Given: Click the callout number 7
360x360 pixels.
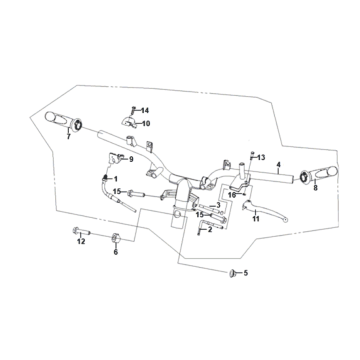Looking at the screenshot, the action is [x=68, y=137].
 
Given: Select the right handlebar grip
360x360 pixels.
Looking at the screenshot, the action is [x=319, y=174].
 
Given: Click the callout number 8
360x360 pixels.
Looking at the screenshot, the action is [x=315, y=188].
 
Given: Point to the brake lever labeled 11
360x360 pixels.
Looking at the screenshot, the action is [x=264, y=210].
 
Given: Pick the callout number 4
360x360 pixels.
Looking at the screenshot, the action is [x=278, y=164].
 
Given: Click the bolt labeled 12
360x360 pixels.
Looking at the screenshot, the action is [x=81, y=231].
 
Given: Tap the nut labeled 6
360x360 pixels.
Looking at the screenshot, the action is [x=115, y=238].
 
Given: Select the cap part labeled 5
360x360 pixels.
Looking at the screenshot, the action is [x=233, y=274].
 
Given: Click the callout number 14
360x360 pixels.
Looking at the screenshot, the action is [x=145, y=110].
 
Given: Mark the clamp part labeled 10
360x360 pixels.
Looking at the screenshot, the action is [x=129, y=122].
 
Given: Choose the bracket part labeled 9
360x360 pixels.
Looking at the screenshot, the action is [x=116, y=158].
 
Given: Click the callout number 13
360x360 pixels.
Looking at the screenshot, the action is [x=261, y=157].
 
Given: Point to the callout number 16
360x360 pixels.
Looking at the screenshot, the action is [x=232, y=195].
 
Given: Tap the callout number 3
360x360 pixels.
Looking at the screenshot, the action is [x=218, y=205].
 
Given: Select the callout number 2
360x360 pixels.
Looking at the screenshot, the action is [x=210, y=229].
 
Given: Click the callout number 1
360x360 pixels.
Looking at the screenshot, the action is [x=115, y=179].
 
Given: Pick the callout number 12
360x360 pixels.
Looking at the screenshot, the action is [x=81, y=241].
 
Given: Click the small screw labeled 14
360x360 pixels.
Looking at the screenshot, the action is [x=133, y=110].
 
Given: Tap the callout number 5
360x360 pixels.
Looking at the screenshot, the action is [x=246, y=273].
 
